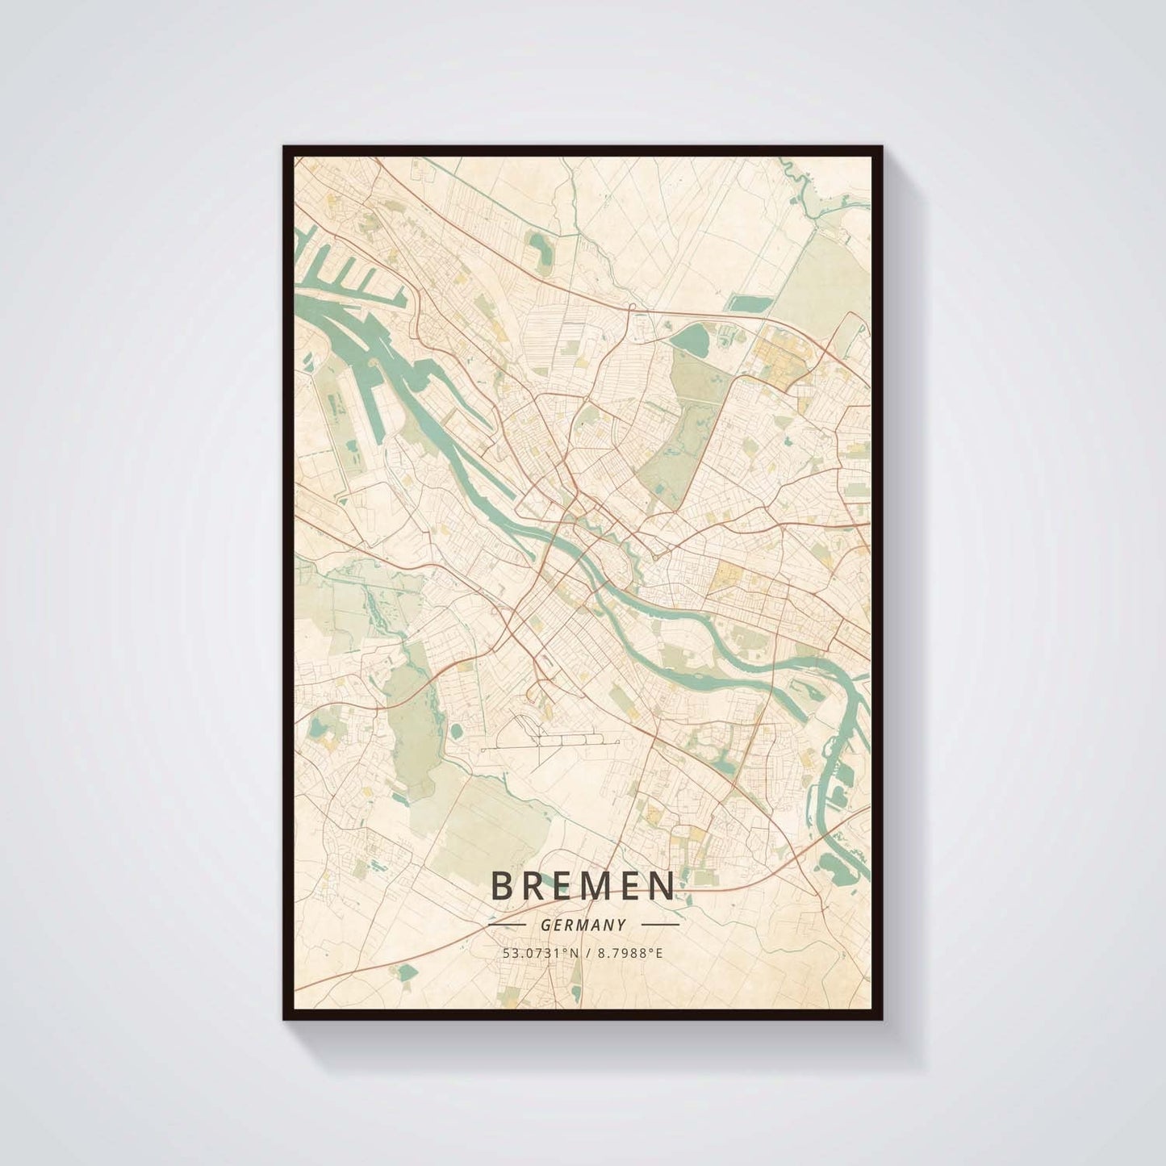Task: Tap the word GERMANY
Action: [x=583, y=926]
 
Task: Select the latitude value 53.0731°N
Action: [x=535, y=953]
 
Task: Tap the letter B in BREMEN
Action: [x=500, y=886]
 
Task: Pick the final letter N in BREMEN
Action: [x=661, y=886]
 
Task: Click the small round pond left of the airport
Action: [x=457, y=729]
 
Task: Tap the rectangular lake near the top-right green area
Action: [x=746, y=303]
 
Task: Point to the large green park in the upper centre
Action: [x=678, y=436]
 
